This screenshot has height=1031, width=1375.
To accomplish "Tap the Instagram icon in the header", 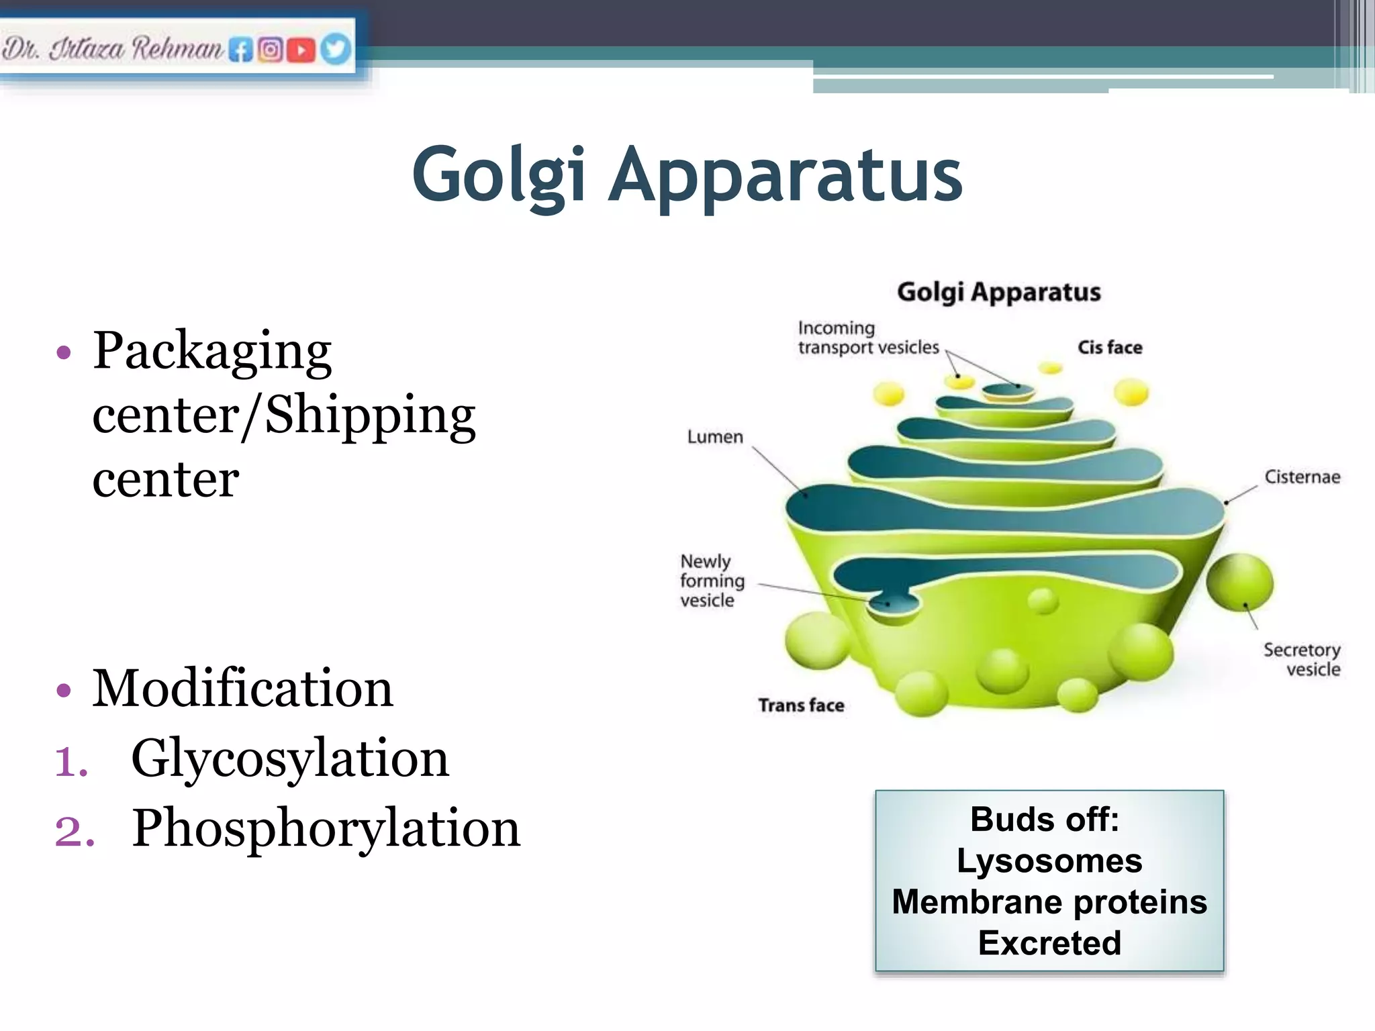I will coord(271,50).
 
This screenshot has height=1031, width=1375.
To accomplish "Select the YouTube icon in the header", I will coord(301,50).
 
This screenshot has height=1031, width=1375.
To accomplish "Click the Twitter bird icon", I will coord(336,49).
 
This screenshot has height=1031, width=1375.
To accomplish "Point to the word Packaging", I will coord(212,350).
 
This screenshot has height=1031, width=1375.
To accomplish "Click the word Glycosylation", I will coord(289,758).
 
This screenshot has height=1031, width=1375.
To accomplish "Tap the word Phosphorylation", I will coord(326,828).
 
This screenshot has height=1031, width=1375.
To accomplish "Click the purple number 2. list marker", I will coord(75,831).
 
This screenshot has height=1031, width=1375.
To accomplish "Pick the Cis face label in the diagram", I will coord(1110,348).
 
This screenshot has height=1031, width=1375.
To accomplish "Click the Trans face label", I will coord(801,705).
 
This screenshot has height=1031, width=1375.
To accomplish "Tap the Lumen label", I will coord(715,437).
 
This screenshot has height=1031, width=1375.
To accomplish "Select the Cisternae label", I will coord(1302,477).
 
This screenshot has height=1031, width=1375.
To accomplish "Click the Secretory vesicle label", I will coord(1302,659).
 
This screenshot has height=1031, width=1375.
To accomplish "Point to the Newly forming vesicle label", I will coord(712,581).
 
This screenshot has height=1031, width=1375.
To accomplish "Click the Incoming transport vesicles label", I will coord(867,338).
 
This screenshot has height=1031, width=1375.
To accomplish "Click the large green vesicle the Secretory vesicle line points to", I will coord(1239,582).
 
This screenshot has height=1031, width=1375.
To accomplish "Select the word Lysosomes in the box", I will coord(1049,861).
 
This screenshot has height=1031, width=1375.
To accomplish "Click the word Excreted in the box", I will coord(1049,943).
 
